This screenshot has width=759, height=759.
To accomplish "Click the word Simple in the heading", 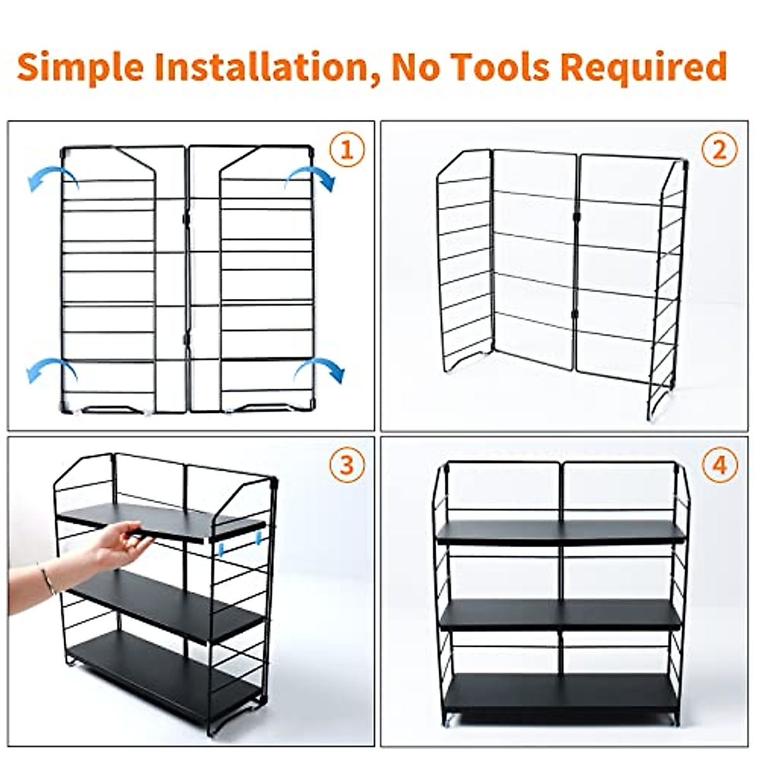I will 80,67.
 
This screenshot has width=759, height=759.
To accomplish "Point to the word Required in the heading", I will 643,67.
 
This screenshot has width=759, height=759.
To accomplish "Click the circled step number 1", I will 347,151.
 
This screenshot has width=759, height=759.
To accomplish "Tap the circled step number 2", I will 720,151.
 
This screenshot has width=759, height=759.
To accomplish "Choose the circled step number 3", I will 347,466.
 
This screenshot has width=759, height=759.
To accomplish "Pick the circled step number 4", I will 720,466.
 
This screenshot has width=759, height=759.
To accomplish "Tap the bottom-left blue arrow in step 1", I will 51,369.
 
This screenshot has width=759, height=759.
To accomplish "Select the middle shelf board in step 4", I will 560,614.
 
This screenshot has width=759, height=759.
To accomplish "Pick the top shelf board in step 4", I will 560,532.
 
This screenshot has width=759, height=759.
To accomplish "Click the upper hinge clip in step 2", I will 576,217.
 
